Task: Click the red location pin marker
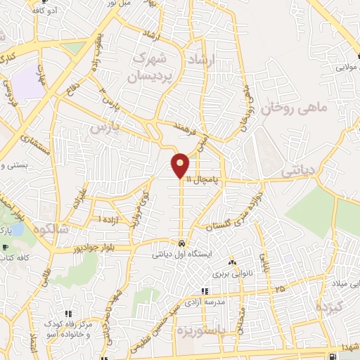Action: (x=181, y=165)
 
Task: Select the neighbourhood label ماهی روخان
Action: (x=285, y=106)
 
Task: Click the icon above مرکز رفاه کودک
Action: (x=67, y=314)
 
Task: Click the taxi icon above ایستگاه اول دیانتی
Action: (x=181, y=243)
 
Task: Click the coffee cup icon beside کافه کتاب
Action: (x=5, y=248)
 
